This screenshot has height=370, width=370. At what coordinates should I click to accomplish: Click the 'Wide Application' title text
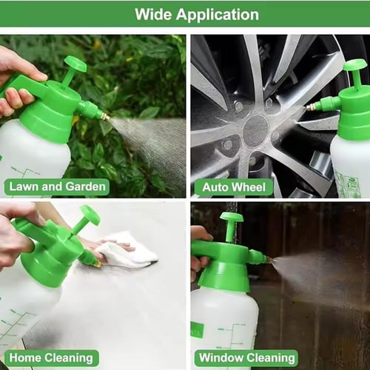(x=197, y=14)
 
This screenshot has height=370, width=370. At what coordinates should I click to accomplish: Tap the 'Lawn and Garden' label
(x=57, y=186)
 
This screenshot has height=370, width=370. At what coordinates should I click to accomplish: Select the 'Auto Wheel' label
(x=234, y=187)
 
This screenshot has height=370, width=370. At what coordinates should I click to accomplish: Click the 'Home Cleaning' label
(x=51, y=358)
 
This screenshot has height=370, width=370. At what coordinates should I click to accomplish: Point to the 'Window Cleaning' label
(x=247, y=357)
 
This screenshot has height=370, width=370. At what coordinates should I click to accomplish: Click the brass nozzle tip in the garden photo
(x=105, y=117)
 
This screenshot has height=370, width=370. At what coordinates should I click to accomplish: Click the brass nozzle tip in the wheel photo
(x=309, y=107)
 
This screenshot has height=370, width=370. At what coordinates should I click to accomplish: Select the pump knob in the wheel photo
(x=355, y=65)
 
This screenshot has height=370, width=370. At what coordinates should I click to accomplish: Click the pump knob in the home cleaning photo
(x=90, y=215)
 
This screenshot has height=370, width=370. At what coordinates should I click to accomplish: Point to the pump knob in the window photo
(x=232, y=217)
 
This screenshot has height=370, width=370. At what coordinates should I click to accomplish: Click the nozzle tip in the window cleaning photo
(x=271, y=259)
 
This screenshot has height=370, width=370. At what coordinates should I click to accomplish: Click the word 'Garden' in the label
(x=86, y=186)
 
